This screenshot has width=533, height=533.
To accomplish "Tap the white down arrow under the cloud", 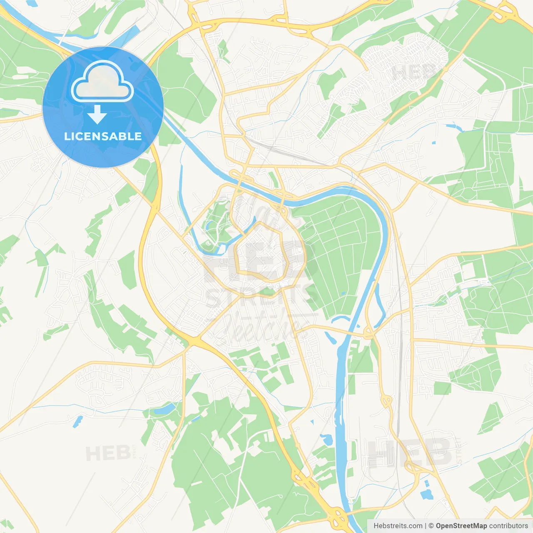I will click(x=97, y=115).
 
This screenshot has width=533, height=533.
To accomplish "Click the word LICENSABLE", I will click(x=103, y=136).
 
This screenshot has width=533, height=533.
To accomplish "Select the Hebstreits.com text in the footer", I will click(x=398, y=526).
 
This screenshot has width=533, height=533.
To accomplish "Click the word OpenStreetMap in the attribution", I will click(x=461, y=526).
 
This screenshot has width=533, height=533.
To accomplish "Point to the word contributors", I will click(x=508, y=526).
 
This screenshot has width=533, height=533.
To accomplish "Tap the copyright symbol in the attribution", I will click(x=431, y=526).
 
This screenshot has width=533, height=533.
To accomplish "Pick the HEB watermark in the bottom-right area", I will click(x=410, y=453).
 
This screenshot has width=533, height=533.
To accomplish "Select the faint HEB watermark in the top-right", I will click(x=412, y=72).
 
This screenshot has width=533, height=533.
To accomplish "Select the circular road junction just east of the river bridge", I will click(x=368, y=333).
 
